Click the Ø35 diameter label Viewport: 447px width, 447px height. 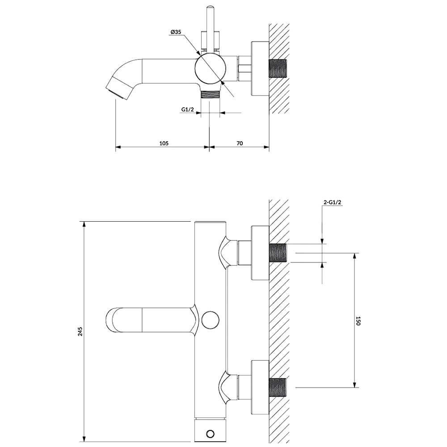pos(176,32)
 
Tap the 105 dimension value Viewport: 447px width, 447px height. pos(164,143)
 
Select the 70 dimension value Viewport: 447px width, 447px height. pos(240,143)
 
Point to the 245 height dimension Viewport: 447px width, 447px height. pos(80,331)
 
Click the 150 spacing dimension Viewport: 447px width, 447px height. pos(358,320)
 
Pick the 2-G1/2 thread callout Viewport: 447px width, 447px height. pos(333,202)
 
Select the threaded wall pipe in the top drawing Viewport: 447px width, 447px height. pos(278,68)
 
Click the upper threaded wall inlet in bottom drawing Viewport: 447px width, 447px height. pos(278,253)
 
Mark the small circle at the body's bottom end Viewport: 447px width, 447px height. pos(210,434)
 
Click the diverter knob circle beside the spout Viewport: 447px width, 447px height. pos(211,320)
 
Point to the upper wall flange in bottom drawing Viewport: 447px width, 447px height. pos(260,253)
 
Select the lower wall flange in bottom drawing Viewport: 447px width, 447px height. pos(260,388)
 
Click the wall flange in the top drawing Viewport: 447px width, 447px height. pos(260,68)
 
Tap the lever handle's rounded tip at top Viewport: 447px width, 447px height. pos(211,7)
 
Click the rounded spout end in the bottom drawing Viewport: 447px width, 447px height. pos(110,320)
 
